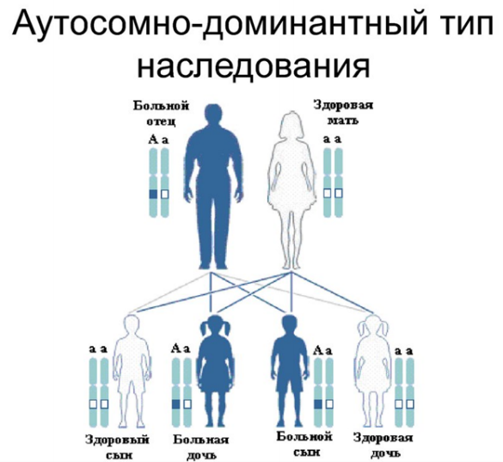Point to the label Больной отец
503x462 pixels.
161,114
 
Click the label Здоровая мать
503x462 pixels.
343,113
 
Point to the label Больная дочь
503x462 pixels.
201,447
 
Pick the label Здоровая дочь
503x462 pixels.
383,446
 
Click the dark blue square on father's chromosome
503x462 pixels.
153,194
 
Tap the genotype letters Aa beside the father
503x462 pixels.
158,139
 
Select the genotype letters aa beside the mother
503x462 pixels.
333,139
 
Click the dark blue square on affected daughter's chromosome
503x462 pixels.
175,404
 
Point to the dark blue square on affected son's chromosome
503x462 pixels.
318,404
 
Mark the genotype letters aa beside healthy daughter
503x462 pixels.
403,352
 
